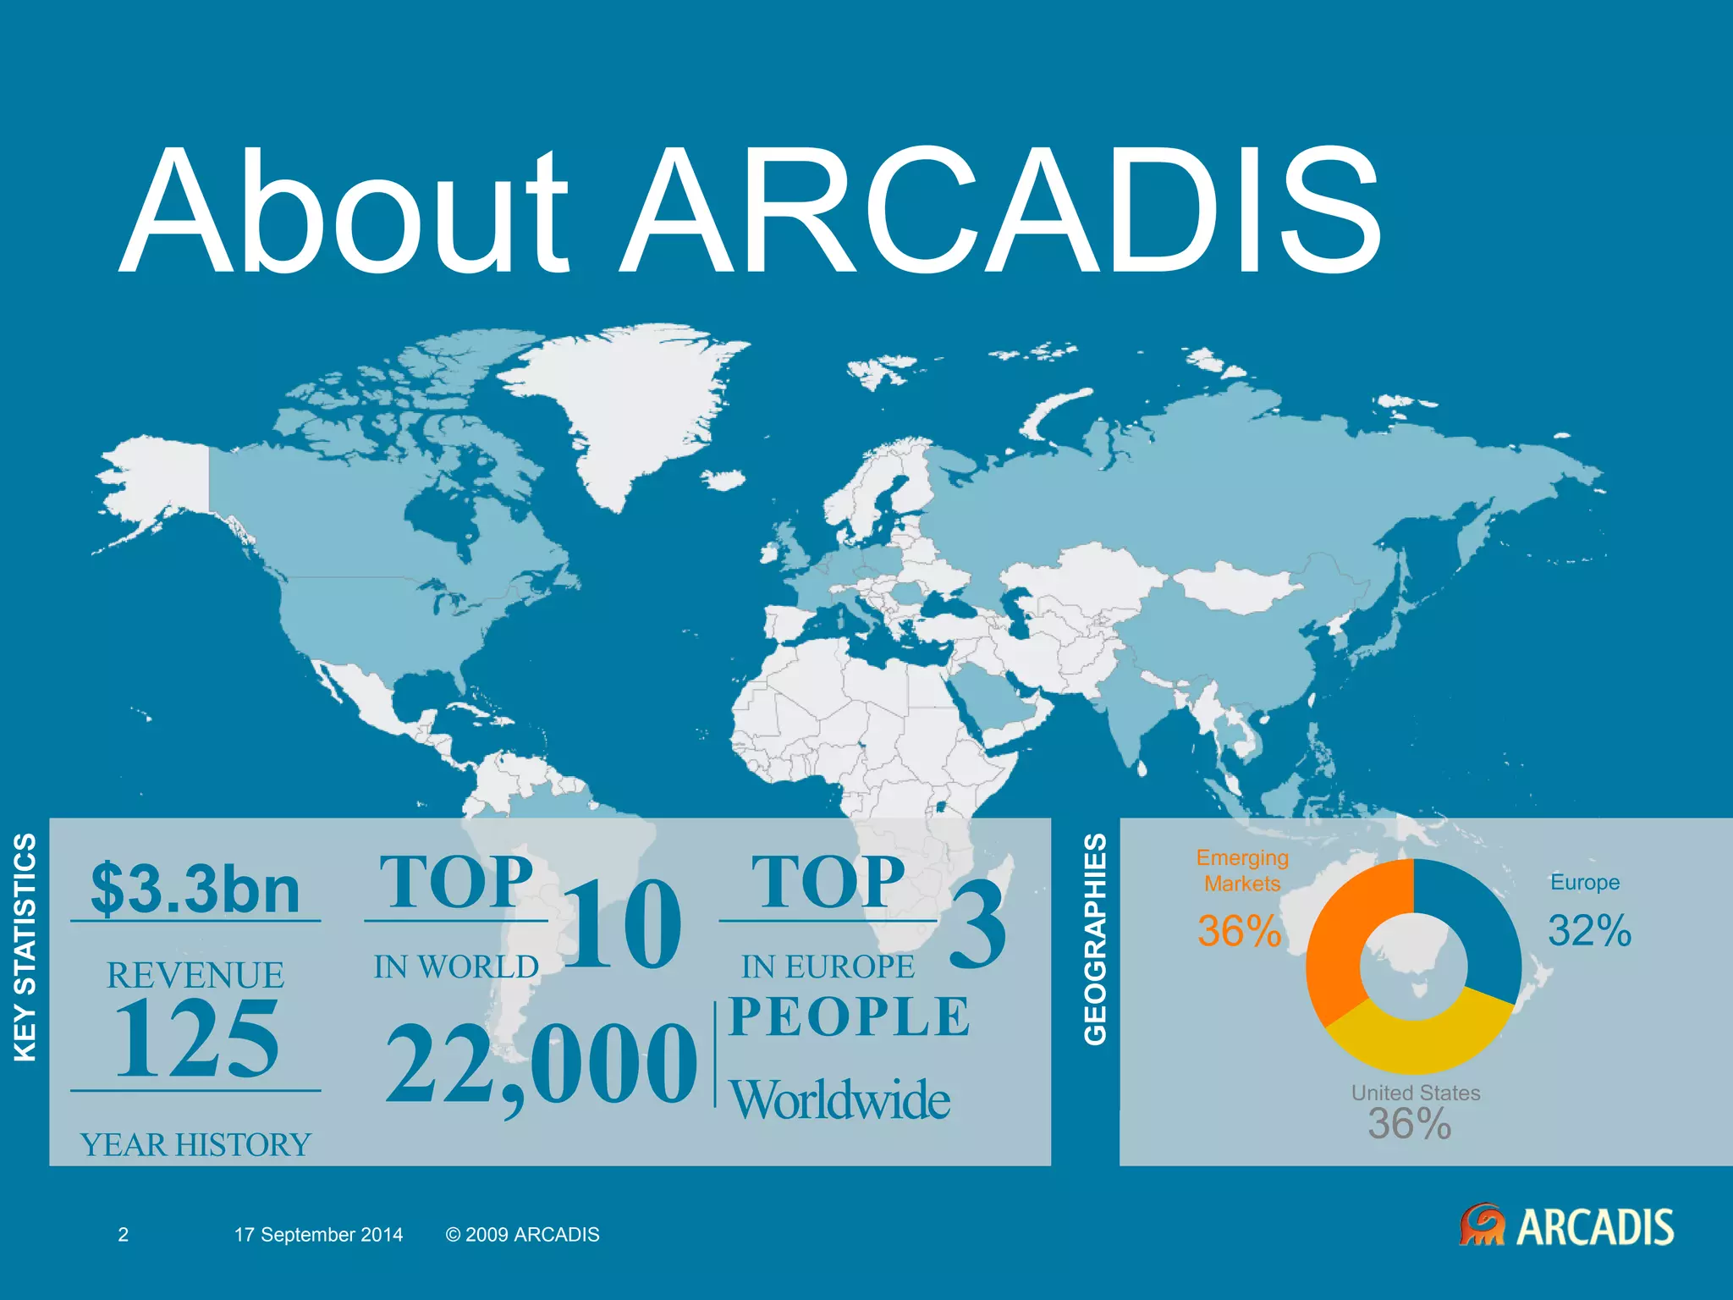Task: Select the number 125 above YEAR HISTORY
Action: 196,1039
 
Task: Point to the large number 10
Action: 622,924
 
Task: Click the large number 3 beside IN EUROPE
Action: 978,924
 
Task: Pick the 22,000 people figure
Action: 542,1065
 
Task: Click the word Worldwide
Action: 840,1100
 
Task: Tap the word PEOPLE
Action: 849,1017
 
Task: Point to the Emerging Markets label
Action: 1242,871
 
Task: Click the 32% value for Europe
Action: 1589,931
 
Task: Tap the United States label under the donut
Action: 1416,1093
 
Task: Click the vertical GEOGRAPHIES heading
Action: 1096,939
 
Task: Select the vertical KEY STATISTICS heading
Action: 25,947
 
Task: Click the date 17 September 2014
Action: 318,1235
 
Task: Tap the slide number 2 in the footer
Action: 123,1235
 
